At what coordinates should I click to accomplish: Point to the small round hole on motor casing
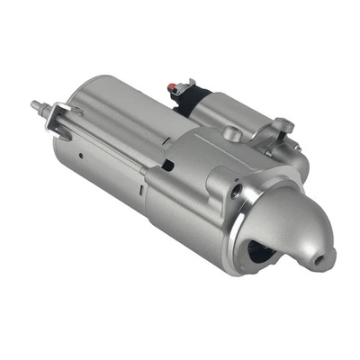82,153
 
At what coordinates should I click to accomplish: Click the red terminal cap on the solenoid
173,86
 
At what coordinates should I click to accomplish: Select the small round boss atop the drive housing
231,133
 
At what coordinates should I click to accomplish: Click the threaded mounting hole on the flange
238,191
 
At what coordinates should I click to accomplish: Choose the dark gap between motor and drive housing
166,164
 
